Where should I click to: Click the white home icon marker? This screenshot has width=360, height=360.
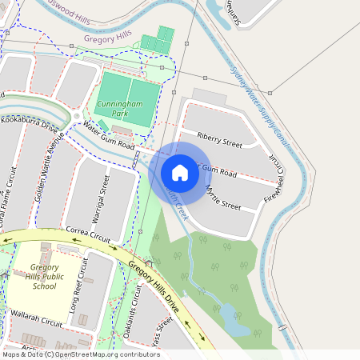180,173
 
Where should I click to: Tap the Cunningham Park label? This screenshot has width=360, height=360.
118,109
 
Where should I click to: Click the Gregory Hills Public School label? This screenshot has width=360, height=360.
43,276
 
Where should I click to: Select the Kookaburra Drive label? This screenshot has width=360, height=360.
30,127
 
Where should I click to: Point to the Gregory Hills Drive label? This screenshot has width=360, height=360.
154,282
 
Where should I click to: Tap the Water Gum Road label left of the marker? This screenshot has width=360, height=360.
109,137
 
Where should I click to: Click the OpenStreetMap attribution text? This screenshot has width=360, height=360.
80,354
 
